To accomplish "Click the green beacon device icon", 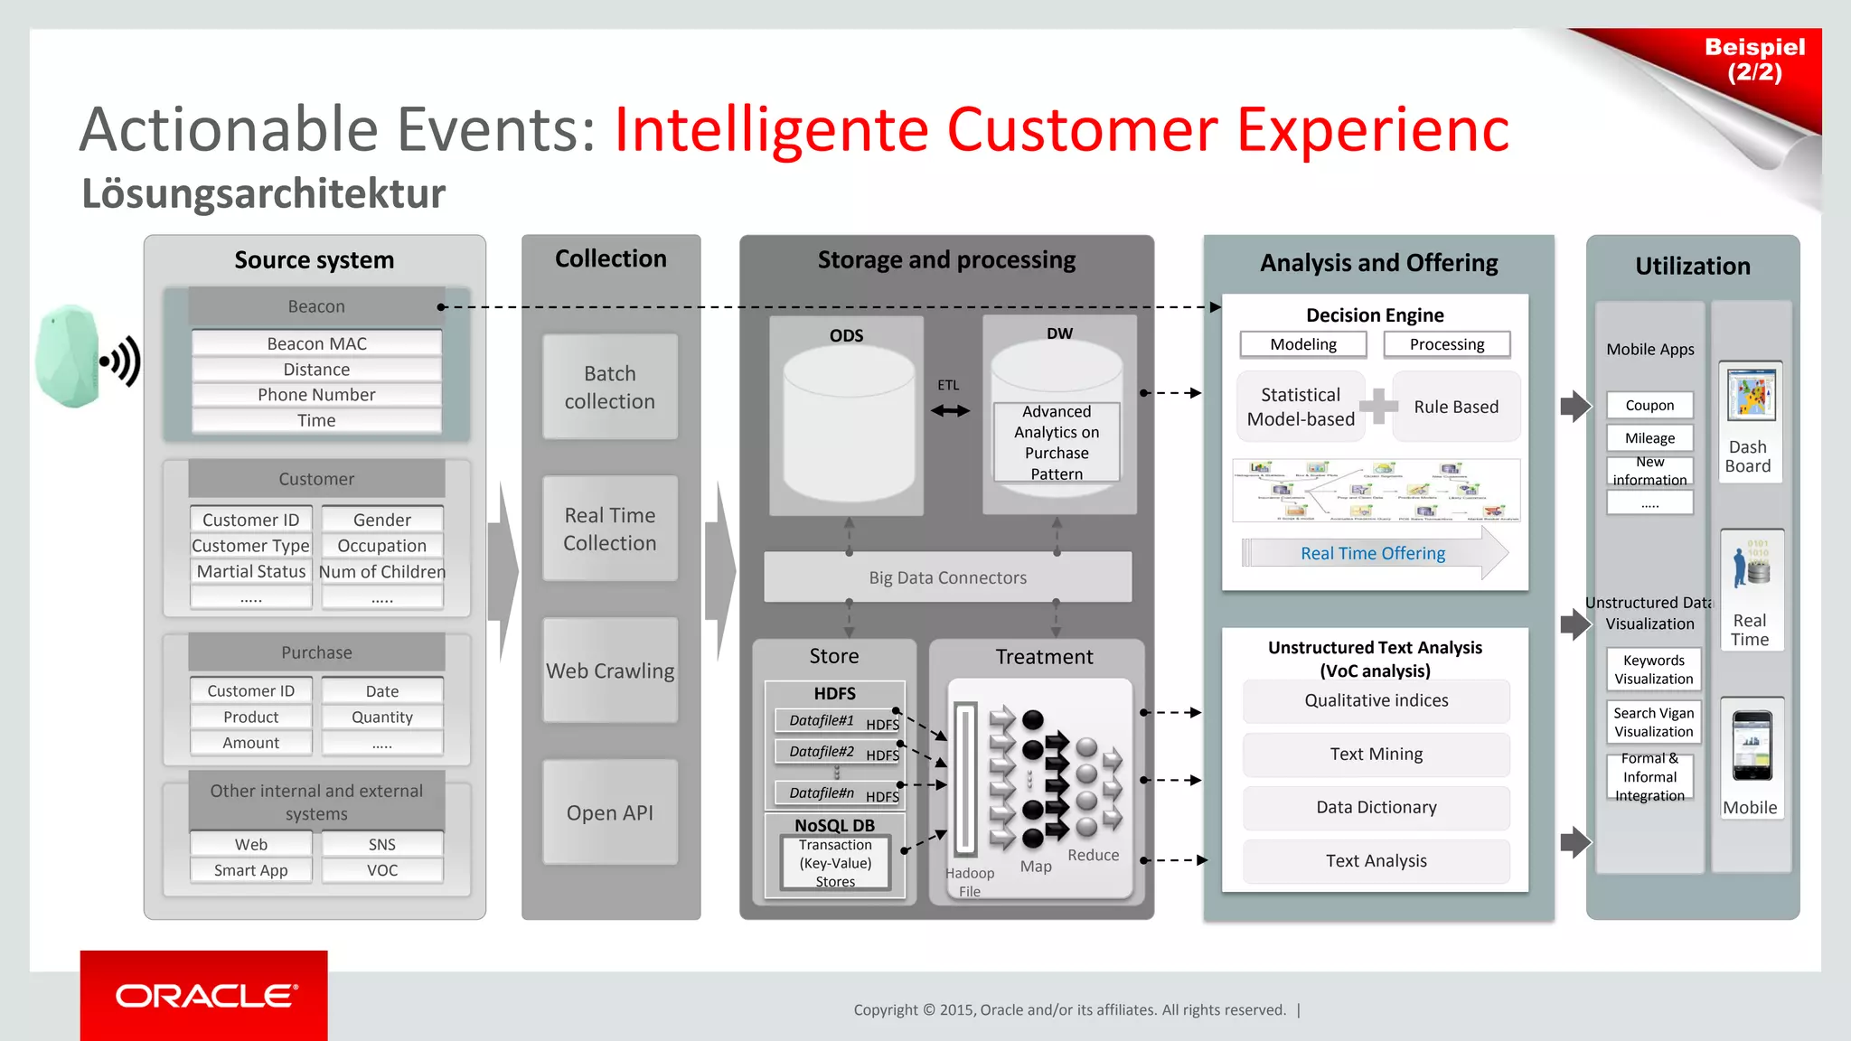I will click(67, 357).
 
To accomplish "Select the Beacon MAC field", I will click(316, 343).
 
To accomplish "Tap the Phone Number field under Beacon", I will click(316, 395).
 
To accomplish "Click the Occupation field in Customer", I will click(381, 546).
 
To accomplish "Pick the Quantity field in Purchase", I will click(381, 717).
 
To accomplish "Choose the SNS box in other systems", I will click(381, 844).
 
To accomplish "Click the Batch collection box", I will click(610, 387).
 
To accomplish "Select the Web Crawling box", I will click(610, 671).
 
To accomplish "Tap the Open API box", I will click(610, 812).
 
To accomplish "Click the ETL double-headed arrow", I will click(950, 410).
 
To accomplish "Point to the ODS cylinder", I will click(848, 425).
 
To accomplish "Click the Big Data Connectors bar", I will click(947, 577).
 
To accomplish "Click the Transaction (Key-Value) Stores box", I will click(835, 863).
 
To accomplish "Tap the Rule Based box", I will click(1456, 407).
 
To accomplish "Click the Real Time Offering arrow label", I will click(1373, 553).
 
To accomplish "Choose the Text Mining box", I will click(1376, 754).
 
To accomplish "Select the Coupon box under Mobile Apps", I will click(1649, 406).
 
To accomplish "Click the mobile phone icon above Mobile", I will click(1752, 746).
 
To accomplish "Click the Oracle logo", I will click(204, 996).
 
